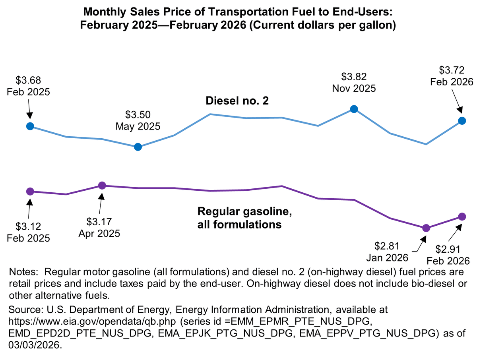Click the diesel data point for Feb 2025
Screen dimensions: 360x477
(30, 126)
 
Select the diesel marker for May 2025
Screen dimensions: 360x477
(138, 147)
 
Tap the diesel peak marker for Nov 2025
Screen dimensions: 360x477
(354, 109)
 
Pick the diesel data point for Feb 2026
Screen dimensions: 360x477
(462, 120)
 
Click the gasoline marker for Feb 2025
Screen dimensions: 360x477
(30, 191)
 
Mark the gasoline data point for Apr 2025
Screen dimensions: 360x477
(102, 186)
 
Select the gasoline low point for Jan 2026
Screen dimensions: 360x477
(426, 228)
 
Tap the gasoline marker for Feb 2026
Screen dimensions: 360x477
(462, 217)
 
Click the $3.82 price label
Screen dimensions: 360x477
(354, 77)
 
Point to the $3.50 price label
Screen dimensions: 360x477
(138, 115)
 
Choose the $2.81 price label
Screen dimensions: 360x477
(387, 246)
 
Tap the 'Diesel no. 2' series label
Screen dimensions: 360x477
(237, 101)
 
